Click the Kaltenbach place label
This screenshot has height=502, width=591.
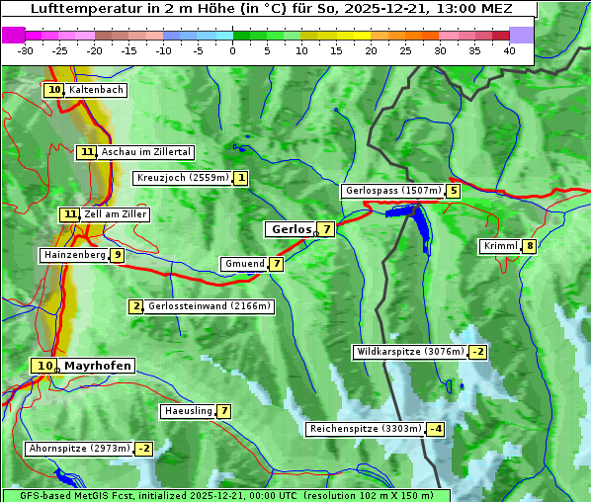(96, 90)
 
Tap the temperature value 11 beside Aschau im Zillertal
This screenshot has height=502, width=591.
(87, 152)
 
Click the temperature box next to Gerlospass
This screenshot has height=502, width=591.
(453, 191)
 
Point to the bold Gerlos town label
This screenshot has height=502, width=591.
(291, 229)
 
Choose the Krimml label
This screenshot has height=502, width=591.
(499, 246)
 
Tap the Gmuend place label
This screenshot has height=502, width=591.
(244, 264)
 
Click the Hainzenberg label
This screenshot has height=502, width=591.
(73, 255)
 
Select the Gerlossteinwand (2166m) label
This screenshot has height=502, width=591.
(209, 306)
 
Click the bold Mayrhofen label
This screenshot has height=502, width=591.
(97, 366)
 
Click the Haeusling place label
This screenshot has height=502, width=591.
(187, 411)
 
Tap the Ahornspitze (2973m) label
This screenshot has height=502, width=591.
(79, 449)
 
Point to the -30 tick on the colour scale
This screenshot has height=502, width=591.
(26, 50)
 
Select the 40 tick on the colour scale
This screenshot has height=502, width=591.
(509, 50)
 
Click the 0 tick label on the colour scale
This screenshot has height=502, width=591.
(233, 50)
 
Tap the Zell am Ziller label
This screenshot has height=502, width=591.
(116, 214)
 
